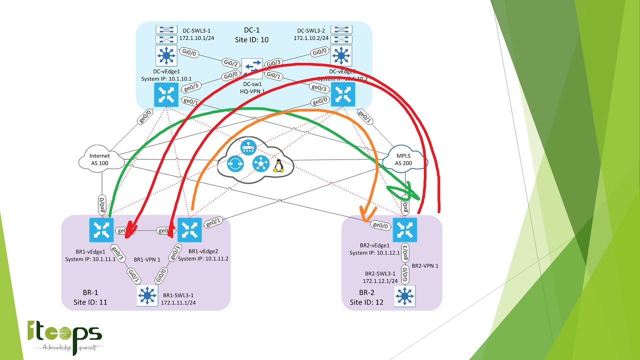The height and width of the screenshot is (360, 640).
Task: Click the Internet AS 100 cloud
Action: tap(100, 159)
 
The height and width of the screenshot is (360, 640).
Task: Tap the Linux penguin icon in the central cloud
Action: tap(278, 165)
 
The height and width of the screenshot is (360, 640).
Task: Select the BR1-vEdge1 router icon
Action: tap(101, 230)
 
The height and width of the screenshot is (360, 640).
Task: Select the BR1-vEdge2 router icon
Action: tap(189, 230)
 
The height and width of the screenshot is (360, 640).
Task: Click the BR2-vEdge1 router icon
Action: tap(404, 230)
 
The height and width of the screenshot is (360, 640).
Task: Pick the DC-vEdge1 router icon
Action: tap(165, 95)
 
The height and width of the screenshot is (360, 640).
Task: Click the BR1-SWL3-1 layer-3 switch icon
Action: tap(147, 295)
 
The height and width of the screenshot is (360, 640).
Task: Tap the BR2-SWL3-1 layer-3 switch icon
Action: tap(404, 296)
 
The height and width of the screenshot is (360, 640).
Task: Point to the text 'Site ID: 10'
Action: tap(251, 39)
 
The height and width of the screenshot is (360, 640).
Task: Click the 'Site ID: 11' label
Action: tap(90, 302)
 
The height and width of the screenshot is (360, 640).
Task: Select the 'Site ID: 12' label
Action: tap(366, 302)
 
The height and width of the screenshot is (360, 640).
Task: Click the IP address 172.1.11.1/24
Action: tap(178, 302)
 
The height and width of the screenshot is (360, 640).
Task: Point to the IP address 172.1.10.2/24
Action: tap(311, 38)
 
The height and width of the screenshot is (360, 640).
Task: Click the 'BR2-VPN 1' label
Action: tap(425, 265)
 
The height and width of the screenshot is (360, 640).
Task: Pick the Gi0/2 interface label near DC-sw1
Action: tap(230, 63)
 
